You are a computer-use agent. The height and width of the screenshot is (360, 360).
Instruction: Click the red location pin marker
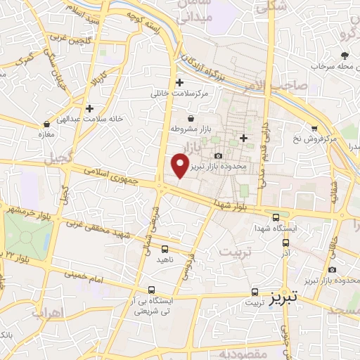pos(181,165)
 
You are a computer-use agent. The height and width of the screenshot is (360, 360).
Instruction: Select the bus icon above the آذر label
pos(285,243)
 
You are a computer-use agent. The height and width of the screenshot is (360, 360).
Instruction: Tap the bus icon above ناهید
pos(165,249)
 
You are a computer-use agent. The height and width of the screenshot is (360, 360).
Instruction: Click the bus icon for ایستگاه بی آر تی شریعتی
pos(151,289)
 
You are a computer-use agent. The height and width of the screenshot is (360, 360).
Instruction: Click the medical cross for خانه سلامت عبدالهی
pos(90,108)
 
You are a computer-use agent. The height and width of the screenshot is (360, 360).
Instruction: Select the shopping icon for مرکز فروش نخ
pos(314,129)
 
